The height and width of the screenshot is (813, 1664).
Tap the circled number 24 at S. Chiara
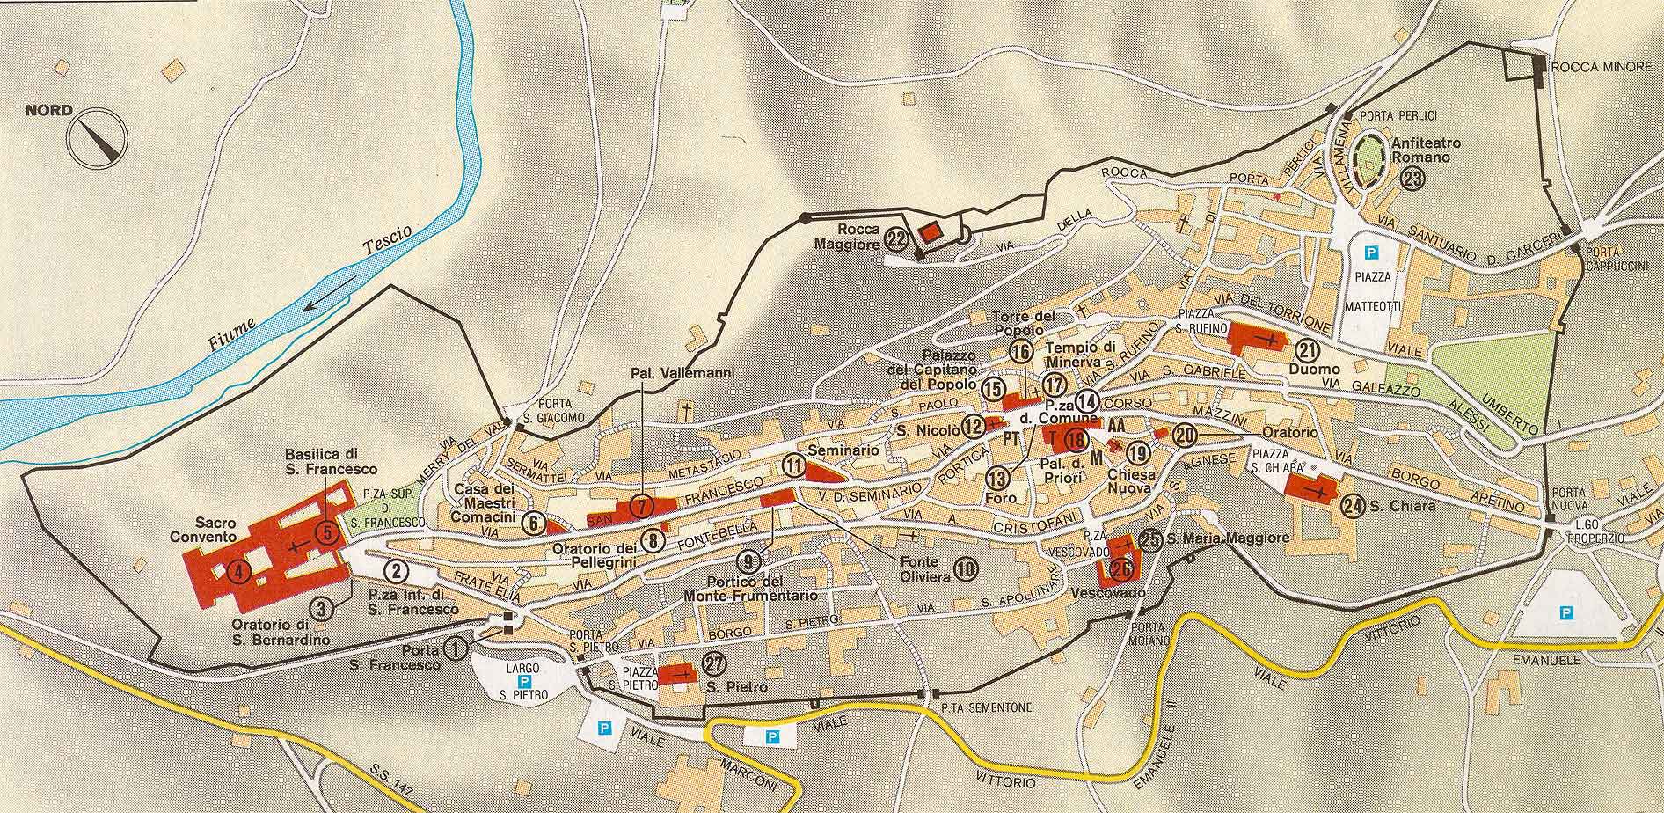1353,506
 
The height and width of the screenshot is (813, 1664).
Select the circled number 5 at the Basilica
327,531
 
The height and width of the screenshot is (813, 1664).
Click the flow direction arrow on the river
319,299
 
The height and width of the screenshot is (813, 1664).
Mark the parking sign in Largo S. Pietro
525,681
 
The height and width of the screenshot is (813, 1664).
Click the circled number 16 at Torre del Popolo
1020,352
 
